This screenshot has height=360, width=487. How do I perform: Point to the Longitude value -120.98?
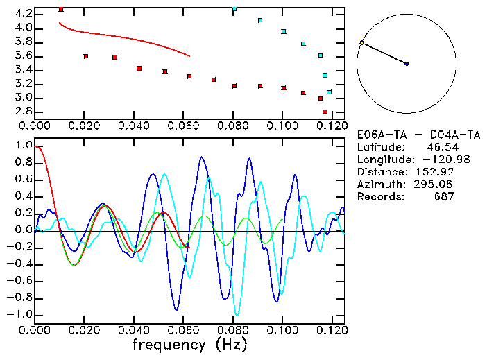435,160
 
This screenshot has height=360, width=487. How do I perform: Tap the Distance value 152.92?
436,172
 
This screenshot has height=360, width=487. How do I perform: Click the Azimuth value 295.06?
436,185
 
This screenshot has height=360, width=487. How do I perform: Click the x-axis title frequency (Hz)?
189,344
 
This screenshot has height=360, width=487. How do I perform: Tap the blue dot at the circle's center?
407,64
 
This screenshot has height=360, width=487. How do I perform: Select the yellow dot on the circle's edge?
361,43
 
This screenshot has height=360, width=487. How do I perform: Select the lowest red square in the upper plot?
325,112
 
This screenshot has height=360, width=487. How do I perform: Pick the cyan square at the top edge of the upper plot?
234,8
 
